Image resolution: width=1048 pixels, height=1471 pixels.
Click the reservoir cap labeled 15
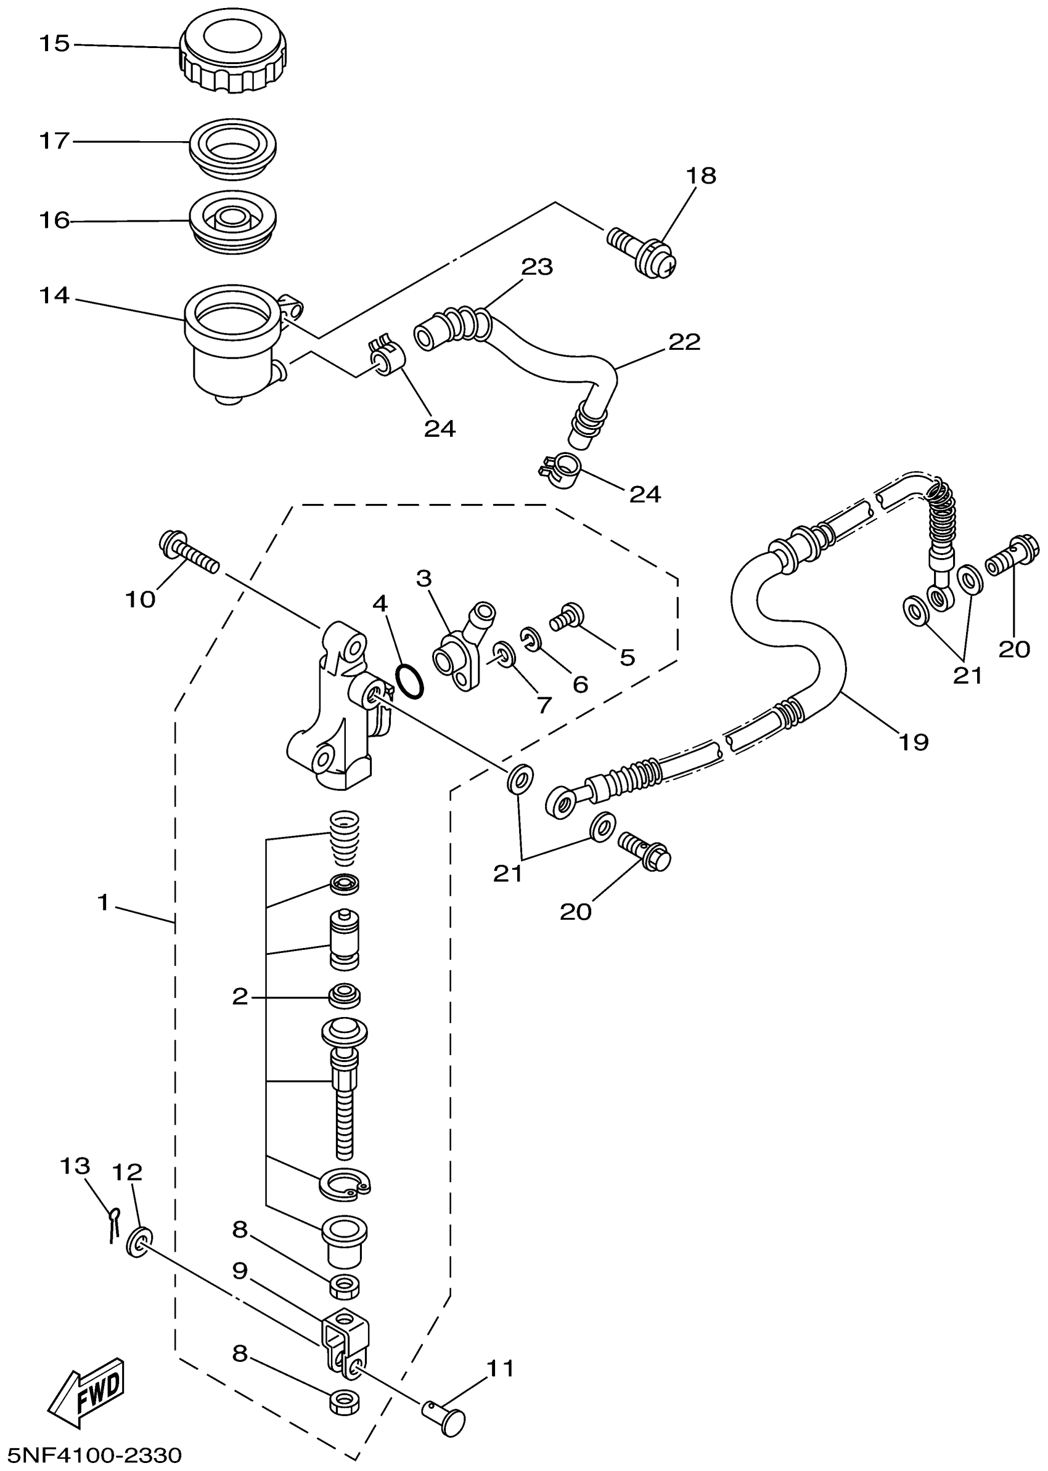point(232,52)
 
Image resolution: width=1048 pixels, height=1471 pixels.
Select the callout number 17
point(54,140)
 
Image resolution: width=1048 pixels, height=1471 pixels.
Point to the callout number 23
point(538,266)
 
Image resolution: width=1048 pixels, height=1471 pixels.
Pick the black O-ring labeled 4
point(410,681)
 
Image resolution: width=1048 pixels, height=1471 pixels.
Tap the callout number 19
point(913,742)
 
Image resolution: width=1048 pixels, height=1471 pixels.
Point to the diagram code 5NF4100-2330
point(91,1455)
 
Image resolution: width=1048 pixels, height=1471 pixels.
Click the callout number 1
point(103,902)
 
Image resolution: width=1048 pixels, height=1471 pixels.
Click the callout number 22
point(684,342)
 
